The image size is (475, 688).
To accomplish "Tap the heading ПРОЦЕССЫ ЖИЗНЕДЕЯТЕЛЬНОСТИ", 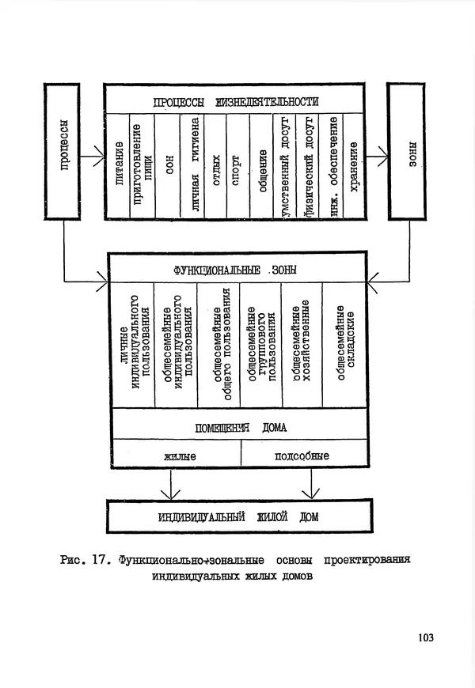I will (236, 101).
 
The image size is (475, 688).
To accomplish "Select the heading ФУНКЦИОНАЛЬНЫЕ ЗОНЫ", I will (237, 270).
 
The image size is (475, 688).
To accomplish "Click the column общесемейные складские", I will (343, 345).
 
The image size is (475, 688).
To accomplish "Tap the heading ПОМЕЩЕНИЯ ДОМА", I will (240, 427).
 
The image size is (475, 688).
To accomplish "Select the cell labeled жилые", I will (180, 456).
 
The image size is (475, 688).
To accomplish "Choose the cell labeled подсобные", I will (301, 456).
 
